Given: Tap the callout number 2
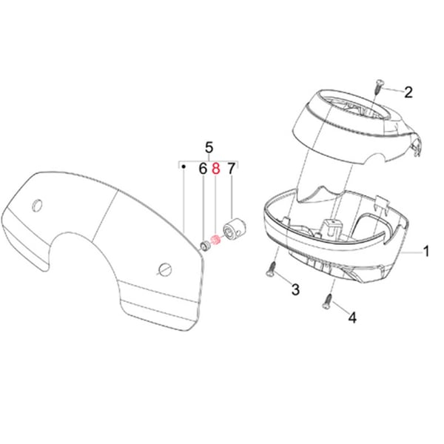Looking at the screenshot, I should point(408,92).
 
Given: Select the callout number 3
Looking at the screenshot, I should point(295,289).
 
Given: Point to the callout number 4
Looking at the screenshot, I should point(352,318).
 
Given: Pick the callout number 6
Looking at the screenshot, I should point(202,169).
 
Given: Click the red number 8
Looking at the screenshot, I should point(216,169).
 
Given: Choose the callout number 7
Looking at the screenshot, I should point(231,169).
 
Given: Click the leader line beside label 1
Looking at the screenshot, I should point(411,252).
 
